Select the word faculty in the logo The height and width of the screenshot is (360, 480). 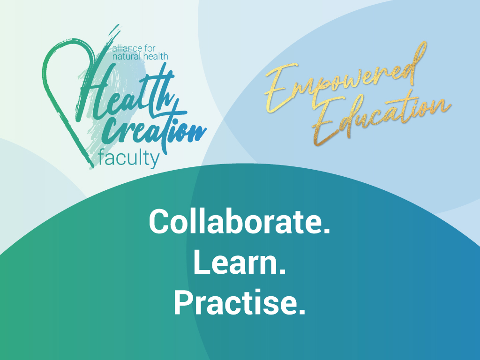[129, 158]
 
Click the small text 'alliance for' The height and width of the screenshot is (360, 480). [134, 48]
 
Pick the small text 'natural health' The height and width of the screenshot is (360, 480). [140, 56]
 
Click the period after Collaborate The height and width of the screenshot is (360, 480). [327, 232]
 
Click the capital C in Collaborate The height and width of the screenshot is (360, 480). [159, 222]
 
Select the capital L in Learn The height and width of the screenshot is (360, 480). [201, 262]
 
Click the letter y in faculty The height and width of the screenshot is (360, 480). [155, 161]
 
